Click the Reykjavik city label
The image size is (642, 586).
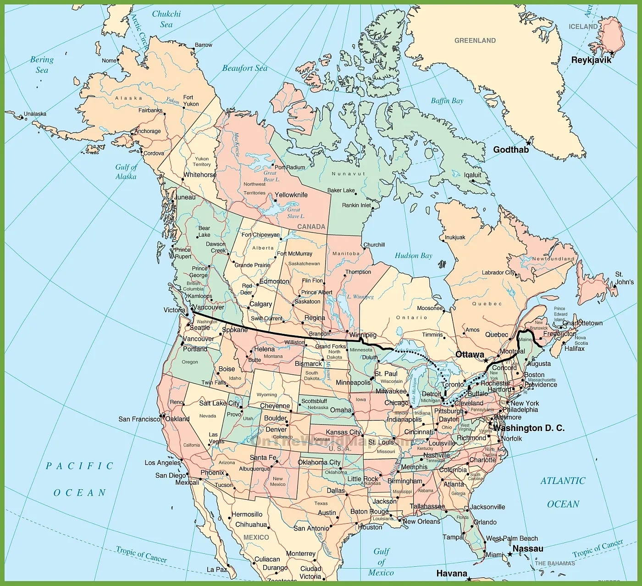click(x=591, y=60)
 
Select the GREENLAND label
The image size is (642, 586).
click(x=475, y=40)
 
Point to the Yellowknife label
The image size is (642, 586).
click(x=291, y=195)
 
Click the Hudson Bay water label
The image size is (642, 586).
click(x=413, y=255)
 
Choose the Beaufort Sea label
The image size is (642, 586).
click(x=244, y=68)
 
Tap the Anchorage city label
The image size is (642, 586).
click(x=148, y=131)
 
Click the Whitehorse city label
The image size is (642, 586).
click(x=200, y=175)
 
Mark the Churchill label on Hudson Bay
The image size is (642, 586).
click(x=374, y=245)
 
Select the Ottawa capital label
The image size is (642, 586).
click(x=470, y=354)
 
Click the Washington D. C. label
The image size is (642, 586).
click(x=528, y=428)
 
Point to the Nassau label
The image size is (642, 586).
click(x=527, y=548)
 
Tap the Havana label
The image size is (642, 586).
click(x=452, y=573)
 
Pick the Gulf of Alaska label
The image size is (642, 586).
click(x=126, y=171)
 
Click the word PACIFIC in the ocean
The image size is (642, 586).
click(x=80, y=466)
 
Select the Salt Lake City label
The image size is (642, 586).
click(x=219, y=403)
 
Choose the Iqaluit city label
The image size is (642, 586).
click(x=472, y=175)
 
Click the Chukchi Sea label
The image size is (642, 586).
click(x=166, y=19)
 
